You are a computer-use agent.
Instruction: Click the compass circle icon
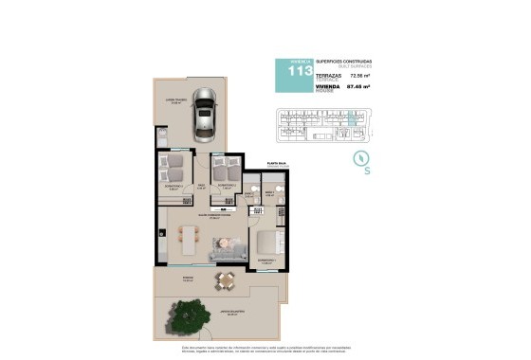[360, 157]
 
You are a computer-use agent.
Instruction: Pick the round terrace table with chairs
[225, 279]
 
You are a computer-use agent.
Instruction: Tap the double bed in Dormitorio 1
[265, 241]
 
